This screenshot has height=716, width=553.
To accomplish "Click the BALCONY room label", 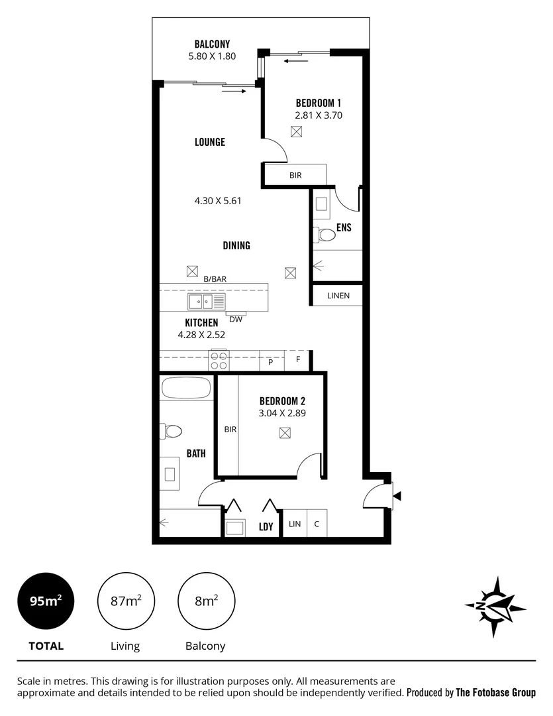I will point(212,44).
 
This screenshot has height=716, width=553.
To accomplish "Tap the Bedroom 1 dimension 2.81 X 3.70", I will point(318,115).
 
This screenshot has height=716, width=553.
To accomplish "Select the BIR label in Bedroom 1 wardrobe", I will point(295,176).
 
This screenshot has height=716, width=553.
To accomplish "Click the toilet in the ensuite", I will point(326,235).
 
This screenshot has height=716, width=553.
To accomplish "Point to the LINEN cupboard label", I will point(337,296).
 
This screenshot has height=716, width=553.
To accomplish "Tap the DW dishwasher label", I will point(236,319).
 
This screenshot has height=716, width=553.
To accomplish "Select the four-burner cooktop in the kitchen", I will point(219,361).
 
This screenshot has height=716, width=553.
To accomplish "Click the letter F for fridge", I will point(298,361).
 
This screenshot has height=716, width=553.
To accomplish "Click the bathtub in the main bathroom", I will point(186,387).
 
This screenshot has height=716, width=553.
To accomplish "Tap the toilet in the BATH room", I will point(171,432).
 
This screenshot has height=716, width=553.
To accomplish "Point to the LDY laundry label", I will point(266,527).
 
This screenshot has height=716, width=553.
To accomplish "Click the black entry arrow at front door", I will point(397,495).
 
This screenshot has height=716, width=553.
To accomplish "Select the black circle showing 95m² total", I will point(46,601).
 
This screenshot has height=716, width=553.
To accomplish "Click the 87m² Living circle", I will point(125,601).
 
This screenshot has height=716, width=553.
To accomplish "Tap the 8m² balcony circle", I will point(207,601).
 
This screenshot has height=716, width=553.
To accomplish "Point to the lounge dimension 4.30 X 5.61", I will point(218,200).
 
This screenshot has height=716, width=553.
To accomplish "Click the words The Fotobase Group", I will point(495,693).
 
